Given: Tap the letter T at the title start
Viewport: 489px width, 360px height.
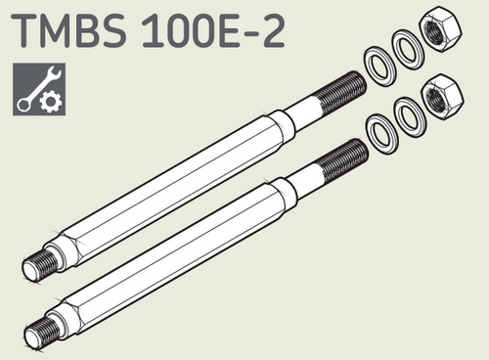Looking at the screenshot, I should tap(25, 31).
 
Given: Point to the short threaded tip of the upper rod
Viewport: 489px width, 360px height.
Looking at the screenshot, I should tap(38, 262).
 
